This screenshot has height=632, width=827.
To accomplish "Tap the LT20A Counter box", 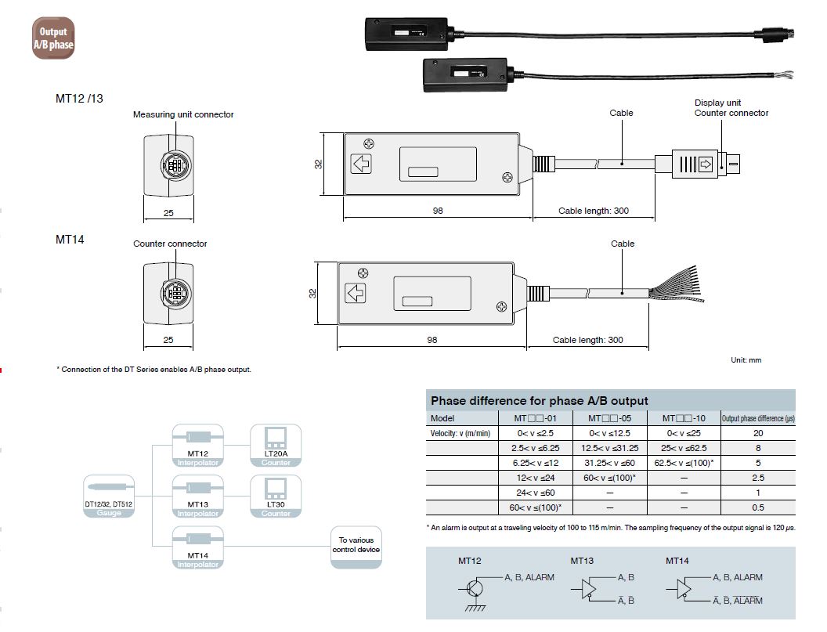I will (275, 446).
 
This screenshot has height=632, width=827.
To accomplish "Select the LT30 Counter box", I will (275, 497).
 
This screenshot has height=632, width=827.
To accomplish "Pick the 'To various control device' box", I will (356, 546).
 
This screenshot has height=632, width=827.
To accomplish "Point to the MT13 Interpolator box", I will (197, 497).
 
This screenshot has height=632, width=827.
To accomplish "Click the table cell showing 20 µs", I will (757, 433).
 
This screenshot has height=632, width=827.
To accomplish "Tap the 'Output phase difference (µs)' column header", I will (757, 418).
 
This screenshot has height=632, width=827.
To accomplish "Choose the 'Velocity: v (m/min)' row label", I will (460, 433).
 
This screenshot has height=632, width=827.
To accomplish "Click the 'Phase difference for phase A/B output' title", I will (539, 401).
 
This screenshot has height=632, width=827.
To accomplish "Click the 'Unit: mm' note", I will (745, 360).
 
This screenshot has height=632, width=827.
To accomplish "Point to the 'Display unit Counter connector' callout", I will (731, 108).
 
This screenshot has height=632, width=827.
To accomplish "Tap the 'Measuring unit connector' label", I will (183, 114).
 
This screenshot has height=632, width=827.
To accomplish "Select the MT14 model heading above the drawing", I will (70, 239).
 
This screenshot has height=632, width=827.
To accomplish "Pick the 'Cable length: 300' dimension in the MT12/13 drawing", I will (593, 211).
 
